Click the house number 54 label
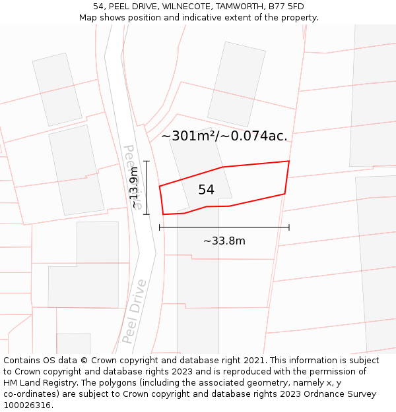pyautogui.click(x=206, y=190)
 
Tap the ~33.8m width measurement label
pyautogui.click(x=224, y=241)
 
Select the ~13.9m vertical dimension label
pyautogui.click(x=135, y=188)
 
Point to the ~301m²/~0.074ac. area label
pyautogui.click(x=224, y=136)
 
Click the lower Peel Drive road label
pyautogui.click(x=134, y=312)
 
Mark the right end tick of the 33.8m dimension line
pyautogui.click(x=289, y=227)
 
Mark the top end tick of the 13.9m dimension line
pyautogui.click(x=147, y=161)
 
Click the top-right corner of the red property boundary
pyautogui.click(x=289, y=161)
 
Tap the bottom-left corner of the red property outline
pyautogui.click(x=163, y=214)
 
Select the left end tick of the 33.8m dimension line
pyautogui.click(x=160, y=227)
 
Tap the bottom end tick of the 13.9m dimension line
pyautogui.click(x=147, y=214)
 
